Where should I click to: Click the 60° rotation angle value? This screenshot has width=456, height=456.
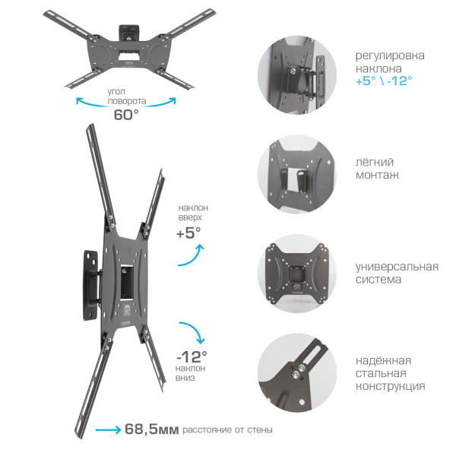tap(126, 115)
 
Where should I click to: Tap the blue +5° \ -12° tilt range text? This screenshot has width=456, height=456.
tap(384, 81)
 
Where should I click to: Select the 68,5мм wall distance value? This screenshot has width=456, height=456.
tap(151, 429)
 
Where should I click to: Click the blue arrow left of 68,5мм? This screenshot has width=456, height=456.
tap(108, 429)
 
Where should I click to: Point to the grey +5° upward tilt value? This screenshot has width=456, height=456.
tap(188, 233)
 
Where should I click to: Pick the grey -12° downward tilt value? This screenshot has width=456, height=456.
tap(192, 356)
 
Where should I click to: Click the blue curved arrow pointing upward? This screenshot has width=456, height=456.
tap(191, 255)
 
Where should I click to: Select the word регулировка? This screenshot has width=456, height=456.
tap(390, 55)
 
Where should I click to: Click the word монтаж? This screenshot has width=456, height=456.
tap(377, 175)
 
